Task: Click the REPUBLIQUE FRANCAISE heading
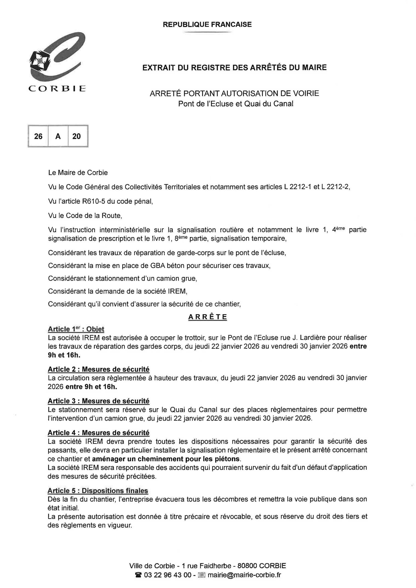207,25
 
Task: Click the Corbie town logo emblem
57,58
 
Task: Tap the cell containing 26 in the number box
38,136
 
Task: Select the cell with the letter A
58,136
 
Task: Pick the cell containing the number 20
76,136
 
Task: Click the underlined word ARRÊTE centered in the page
208,317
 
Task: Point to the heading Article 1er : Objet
76,329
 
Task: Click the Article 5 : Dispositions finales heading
98,491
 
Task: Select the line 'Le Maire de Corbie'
78,172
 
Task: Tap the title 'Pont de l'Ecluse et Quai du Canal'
236,104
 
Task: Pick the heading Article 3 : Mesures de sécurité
98,401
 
